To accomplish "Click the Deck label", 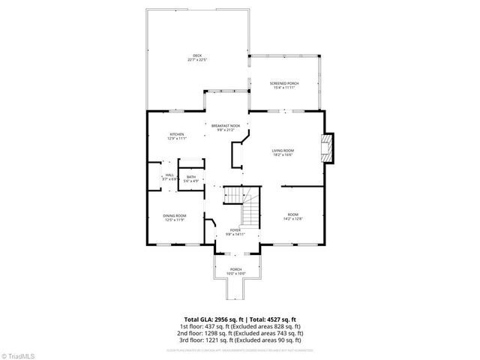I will tap(196, 55).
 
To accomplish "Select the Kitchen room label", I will tap(176, 134).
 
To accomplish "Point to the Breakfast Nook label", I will tap(225, 125).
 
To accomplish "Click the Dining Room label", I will tap(175, 215).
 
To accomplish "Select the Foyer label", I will tap(235, 229).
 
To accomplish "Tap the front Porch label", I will tap(236, 269).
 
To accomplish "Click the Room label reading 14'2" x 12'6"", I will tap(292, 217).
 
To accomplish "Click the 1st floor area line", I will tap(239, 326).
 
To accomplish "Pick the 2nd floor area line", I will tap(239, 333).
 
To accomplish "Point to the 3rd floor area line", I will tap(239, 340).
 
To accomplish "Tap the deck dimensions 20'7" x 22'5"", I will tap(196, 59).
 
